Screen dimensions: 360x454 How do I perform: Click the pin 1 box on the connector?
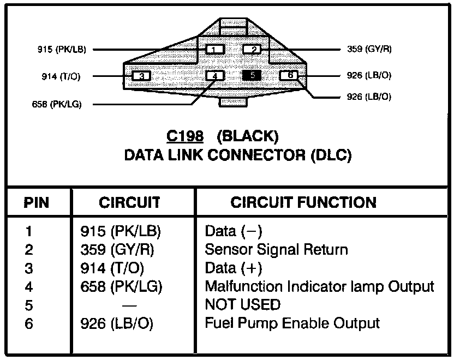tap(215, 50)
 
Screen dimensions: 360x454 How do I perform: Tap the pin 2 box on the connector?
tap(253, 50)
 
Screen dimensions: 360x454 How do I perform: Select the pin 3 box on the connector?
tap(141, 76)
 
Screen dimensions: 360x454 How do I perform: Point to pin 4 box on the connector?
tap(215, 76)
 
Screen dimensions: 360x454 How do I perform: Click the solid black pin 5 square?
tap(253, 76)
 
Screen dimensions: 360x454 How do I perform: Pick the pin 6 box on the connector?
tap(290, 75)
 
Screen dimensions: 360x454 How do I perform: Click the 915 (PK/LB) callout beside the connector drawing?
tap(62, 49)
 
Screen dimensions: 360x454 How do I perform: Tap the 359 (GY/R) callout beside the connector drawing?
tap(369, 49)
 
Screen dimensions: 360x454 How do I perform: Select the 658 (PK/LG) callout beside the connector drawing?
tap(57, 104)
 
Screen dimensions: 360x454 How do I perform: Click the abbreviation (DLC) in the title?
tap(330, 155)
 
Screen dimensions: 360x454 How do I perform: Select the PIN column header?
tap(37, 203)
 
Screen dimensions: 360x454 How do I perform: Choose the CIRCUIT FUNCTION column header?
tap(303, 203)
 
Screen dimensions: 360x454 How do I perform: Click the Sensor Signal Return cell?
tap(276, 249)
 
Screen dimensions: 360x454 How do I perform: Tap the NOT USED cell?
tap(242, 304)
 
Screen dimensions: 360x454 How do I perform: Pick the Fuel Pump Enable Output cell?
tap(292, 323)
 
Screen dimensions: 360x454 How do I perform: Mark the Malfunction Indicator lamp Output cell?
tap(319, 286)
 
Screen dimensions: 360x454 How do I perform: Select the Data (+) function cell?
tap(234, 268)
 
